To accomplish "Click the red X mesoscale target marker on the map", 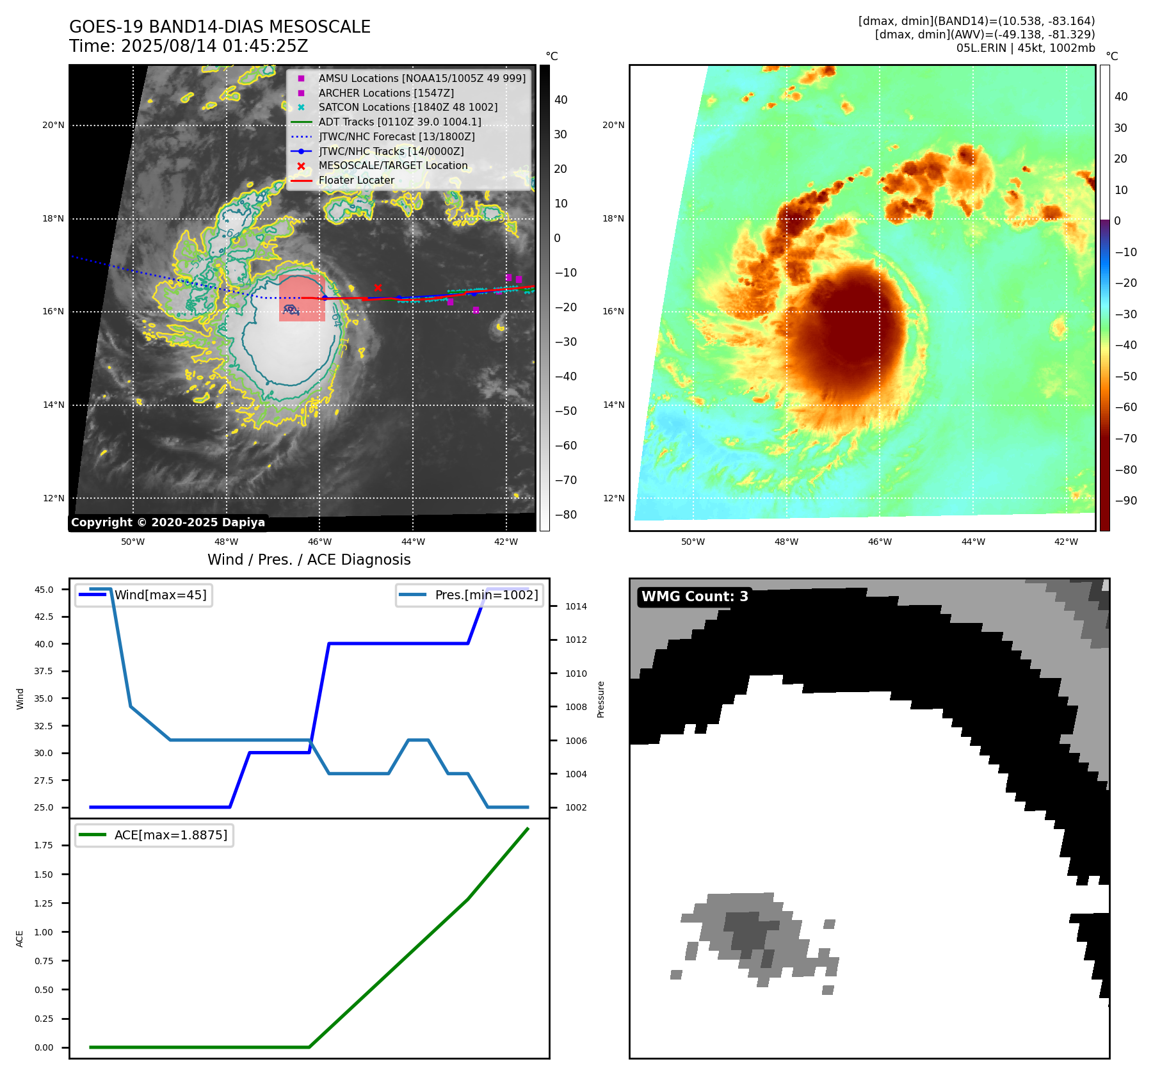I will tap(378, 288).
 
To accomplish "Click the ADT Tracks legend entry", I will tap(399, 122).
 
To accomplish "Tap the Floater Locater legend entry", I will tap(356, 181).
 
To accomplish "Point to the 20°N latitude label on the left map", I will tap(53, 125).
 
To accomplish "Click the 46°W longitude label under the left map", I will tap(319, 542).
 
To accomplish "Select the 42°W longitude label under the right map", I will tap(1066, 542).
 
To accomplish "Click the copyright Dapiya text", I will tap(168, 522).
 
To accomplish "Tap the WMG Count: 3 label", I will tap(695, 597).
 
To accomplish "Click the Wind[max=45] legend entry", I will tap(160, 595).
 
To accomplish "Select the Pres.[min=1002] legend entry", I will tap(486, 595).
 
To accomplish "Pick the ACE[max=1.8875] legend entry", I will tap(170, 835).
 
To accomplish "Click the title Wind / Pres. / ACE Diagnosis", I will tap(309, 560).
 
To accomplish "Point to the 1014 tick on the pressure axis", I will tap(576, 606).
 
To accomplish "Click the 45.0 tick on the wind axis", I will tap(44, 590).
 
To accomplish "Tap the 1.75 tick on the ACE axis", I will tap(44, 845).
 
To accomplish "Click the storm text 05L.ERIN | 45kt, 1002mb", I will tap(1026, 48).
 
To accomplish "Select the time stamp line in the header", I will tap(189, 46).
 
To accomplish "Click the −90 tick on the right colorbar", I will tap(1125, 501).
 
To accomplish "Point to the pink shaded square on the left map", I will tap(302, 298).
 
